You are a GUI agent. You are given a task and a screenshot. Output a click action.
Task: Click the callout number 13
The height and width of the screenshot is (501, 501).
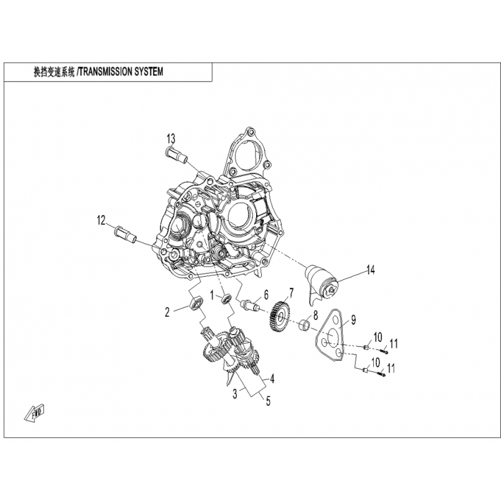coord(171,139)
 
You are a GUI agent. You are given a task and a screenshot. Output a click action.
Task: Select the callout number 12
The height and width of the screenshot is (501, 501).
coord(101,220)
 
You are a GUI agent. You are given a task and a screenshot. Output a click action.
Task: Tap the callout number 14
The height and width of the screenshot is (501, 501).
coord(370,271)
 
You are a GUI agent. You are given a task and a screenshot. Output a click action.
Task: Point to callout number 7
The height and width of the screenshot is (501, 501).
coord(291,292)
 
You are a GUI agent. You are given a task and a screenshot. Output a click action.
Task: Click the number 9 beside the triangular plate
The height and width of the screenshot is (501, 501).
coord(353,320)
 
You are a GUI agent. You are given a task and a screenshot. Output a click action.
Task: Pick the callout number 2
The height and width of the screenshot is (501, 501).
coord(167,312)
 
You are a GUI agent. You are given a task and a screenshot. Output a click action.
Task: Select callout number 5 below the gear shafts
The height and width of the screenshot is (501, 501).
coord(268,401)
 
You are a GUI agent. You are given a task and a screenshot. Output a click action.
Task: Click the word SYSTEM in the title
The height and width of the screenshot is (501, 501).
coord(147,72)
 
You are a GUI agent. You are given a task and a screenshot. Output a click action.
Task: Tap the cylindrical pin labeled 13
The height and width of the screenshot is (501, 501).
coord(177,155)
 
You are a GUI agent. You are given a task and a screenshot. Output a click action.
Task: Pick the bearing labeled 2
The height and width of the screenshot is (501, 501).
coord(195,303)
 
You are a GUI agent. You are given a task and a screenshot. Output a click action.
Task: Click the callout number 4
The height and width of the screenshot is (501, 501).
coord(272,380)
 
